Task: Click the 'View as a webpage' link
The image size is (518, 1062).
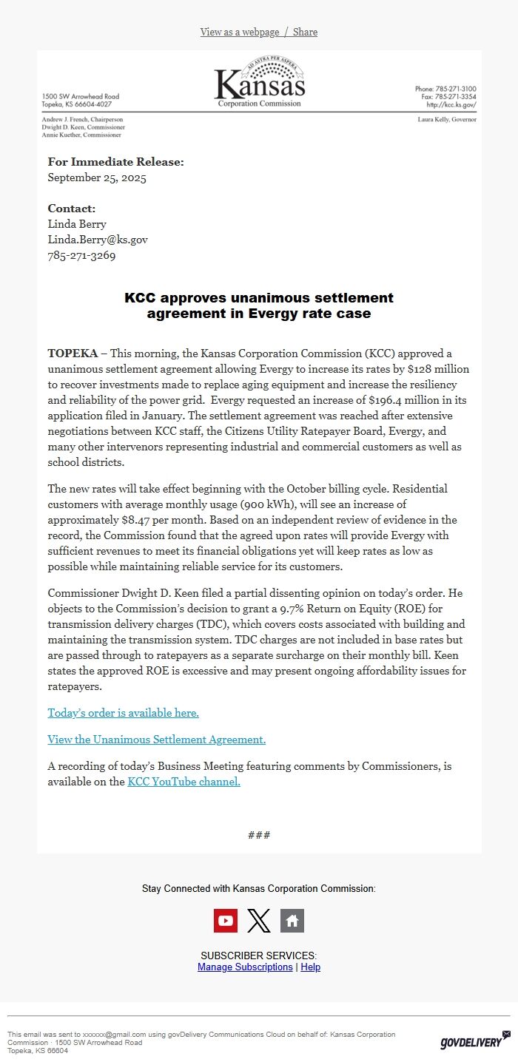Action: click(x=239, y=32)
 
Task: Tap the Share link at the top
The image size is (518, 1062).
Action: click(x=305, y=32)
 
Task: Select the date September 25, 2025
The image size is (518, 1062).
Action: click(x=97, y=177)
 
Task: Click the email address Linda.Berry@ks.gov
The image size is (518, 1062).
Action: click(x=98, y=240)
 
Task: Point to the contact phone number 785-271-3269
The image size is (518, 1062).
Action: click(x=81, y=256)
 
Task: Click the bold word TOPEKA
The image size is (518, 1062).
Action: click(x=73, y=353)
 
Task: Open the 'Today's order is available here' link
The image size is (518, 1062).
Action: click(x=123, y=713)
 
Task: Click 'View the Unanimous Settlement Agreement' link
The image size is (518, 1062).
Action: click(x=156, y=740)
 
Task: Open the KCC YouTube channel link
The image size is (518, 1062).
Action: click(x=184, y=782)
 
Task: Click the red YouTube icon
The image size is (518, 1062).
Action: click(x=226, y=921)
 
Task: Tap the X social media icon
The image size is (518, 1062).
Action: click(x=259, y=921)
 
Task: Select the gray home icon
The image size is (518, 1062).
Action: click(x=292, y=921)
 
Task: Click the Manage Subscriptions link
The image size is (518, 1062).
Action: click(x=245, y=967)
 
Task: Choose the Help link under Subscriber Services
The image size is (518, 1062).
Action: click(x=311, y=967)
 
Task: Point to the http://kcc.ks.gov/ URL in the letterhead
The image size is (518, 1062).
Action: click(x=451, y=105)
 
